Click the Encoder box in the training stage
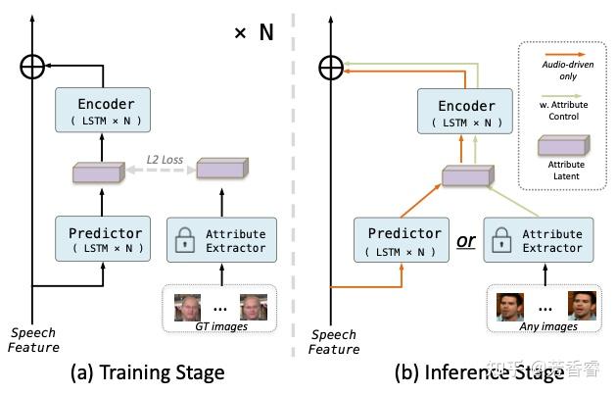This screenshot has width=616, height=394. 103,110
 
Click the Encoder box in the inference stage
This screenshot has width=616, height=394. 465,112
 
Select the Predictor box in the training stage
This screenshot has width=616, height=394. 103,239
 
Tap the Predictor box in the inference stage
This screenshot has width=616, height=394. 402,240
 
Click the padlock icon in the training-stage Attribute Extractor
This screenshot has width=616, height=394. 185,239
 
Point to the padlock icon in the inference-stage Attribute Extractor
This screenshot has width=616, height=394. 501,239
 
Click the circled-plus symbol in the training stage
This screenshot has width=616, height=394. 32,67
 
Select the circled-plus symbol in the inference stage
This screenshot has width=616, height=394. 331,68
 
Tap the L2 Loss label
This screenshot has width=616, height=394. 165,160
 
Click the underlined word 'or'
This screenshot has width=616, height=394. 466,241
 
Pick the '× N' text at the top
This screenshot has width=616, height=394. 254,32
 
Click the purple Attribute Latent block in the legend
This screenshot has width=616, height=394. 564,145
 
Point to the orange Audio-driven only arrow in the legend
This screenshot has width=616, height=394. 563,54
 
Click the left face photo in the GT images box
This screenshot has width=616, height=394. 187,308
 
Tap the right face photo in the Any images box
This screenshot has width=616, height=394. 583,306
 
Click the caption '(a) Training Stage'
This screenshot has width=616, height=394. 148,372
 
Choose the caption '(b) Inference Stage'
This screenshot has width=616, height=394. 479,372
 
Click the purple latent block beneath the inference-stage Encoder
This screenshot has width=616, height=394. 468,175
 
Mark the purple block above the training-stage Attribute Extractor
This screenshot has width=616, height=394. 222,168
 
